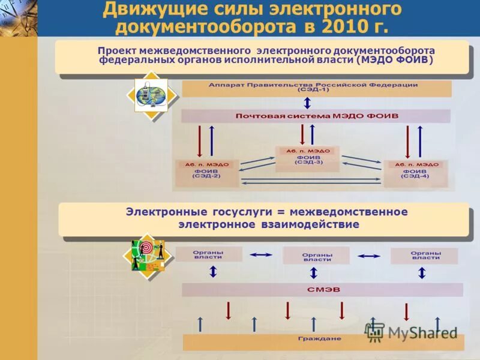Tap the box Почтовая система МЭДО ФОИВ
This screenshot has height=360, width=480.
pos(316,116)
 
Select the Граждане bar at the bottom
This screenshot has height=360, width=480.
pos(323,339)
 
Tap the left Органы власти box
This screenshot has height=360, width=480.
pos(208,254)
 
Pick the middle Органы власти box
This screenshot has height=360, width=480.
pos(316,256)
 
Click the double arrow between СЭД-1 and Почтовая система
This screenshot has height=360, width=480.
pos(307,103)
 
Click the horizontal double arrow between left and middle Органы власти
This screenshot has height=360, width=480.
pos(261,255)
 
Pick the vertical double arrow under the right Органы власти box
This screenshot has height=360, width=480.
pos(422,272)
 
